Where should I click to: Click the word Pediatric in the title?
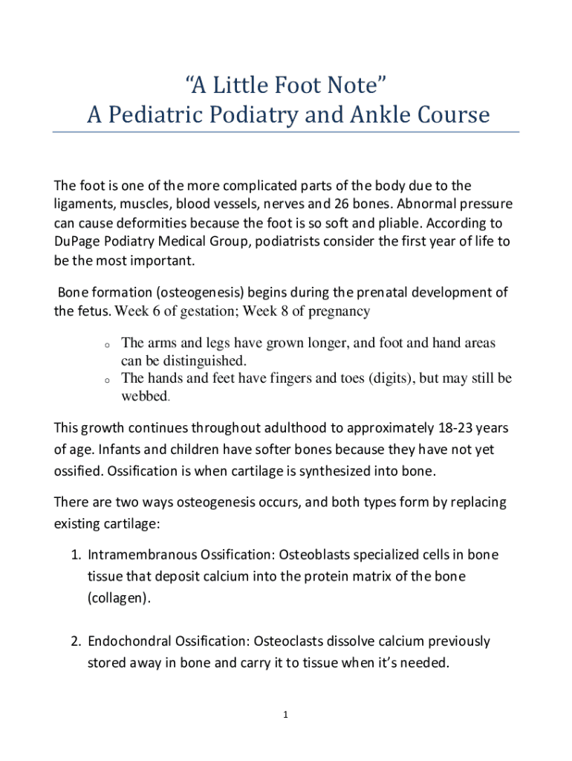[x=156, y=115]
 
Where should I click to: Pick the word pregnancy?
[x=336, y=311]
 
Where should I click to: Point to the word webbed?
[x=145, y=396]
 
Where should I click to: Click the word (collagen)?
[x=118, y=598]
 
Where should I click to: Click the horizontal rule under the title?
[x=286, y=132]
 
